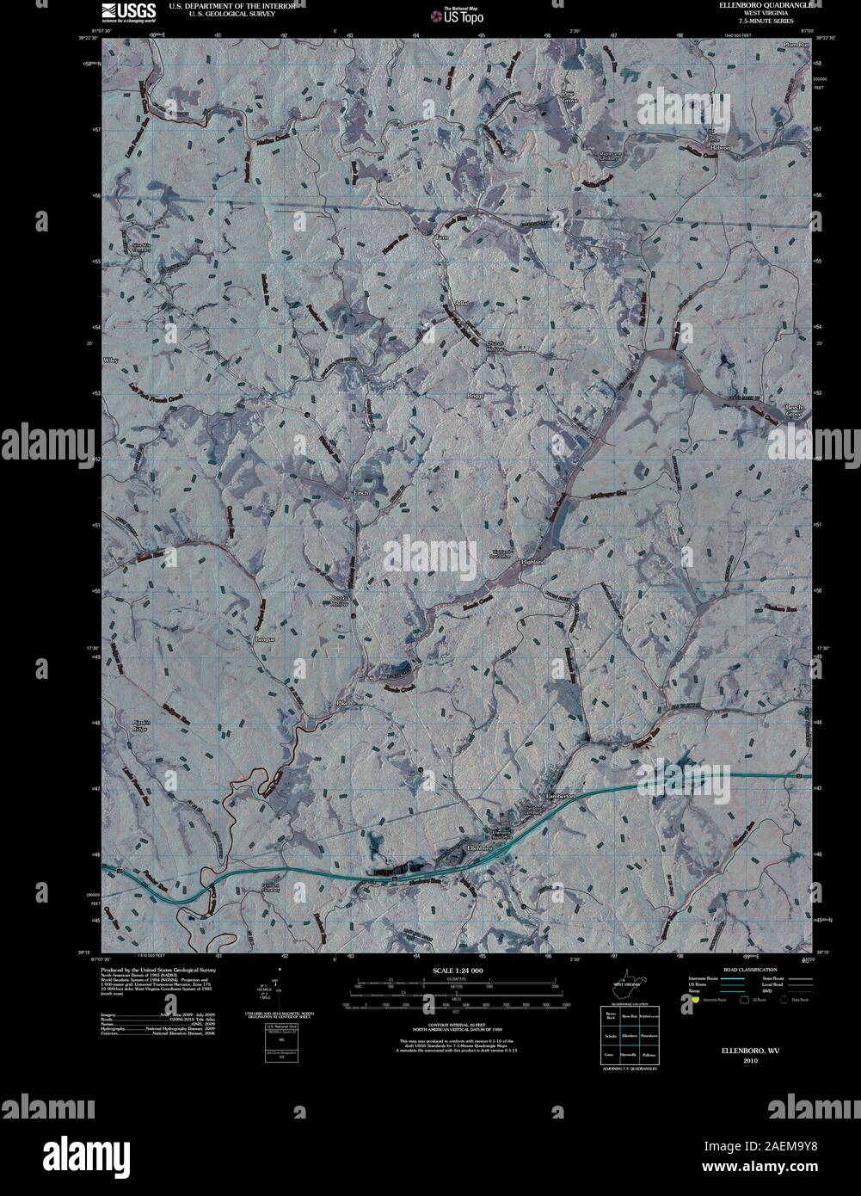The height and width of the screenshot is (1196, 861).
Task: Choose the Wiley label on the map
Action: tap(109, 359)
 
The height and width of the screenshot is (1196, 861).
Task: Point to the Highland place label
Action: tap(533, 561)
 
